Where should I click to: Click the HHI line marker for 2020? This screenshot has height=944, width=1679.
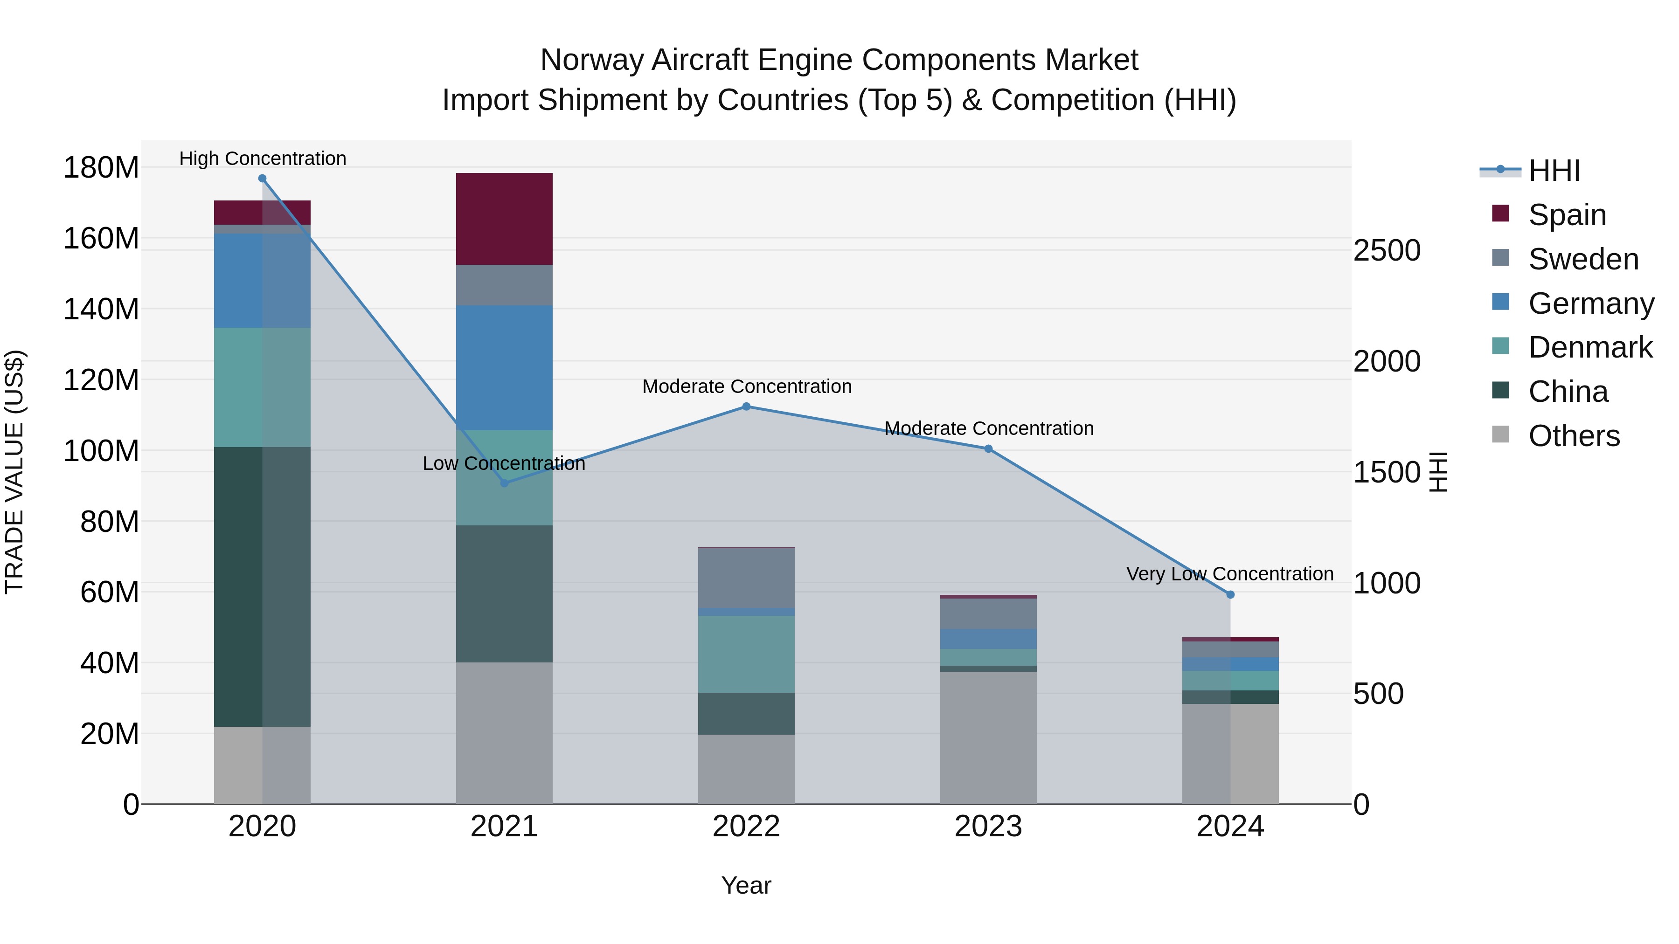coord(262,179)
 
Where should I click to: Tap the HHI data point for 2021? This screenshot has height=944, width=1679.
coord(504,483)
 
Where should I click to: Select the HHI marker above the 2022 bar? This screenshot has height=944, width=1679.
coord(746,407)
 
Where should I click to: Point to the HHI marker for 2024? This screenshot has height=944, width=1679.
coord(1230,594)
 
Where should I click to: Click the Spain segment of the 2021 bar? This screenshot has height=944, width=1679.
coord(504,219)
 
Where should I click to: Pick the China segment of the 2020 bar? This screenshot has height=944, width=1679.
coord(262,586)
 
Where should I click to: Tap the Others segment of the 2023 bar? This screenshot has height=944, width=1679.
coord(988,737)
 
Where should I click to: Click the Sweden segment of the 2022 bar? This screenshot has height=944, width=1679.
coord(746,578)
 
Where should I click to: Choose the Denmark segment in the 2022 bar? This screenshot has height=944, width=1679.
coord(746,654)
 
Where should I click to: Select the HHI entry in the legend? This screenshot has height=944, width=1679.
coord(1554,171)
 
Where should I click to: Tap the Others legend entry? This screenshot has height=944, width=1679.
coord(1574,436)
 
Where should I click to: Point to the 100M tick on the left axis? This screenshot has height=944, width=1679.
coord(101,451)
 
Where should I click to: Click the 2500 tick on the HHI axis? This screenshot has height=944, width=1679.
coord(1387,250)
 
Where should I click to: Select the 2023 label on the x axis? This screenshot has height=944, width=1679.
coord(988,827)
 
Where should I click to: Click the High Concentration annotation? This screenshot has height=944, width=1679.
coord(263,158)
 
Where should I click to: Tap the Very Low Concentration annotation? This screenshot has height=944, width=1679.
coord(1229,574)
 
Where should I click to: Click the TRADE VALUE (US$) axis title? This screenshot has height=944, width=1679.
coord(14,472)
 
